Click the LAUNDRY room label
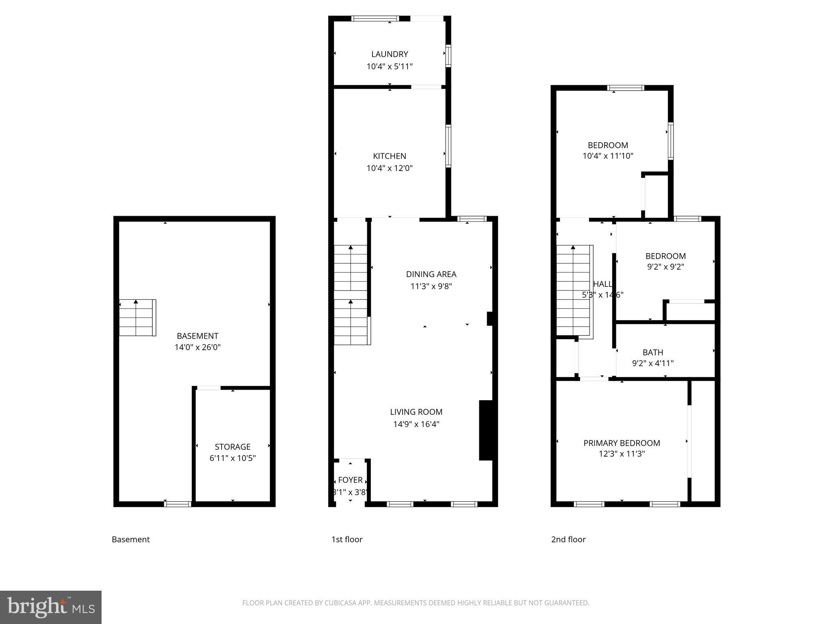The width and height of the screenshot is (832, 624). [x=389, y=54]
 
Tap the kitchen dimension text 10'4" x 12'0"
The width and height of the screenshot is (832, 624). [x=389, y=168]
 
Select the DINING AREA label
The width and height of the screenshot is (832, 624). [x=431, y=274]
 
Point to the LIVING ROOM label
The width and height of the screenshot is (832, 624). [x=416, y=412]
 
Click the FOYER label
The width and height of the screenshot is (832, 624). [x=350, y=480]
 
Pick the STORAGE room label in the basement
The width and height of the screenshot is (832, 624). [x=232, y=447]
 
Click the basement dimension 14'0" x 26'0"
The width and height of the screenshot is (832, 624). [x=197, y=347]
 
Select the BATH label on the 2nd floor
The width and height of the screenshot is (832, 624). [x=652, y=353]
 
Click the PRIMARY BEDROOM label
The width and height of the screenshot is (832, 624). [x=622, y=443]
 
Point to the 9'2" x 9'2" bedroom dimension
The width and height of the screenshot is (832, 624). [x=665, y=267]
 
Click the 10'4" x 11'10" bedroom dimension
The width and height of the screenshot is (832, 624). [x=608, y=156]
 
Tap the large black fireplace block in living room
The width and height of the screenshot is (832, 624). [x=487, y=430]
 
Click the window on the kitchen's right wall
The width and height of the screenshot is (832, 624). [x=448, y=146]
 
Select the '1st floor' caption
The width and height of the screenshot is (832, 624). [x=347, y=539]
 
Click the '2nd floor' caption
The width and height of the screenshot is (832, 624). [x=568, y=539]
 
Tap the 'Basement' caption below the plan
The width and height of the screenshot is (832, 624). [x=130, y=539]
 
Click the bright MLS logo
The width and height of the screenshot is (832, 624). [x=50, y=607]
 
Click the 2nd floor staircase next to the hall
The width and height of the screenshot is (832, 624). [x=573, y=290]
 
